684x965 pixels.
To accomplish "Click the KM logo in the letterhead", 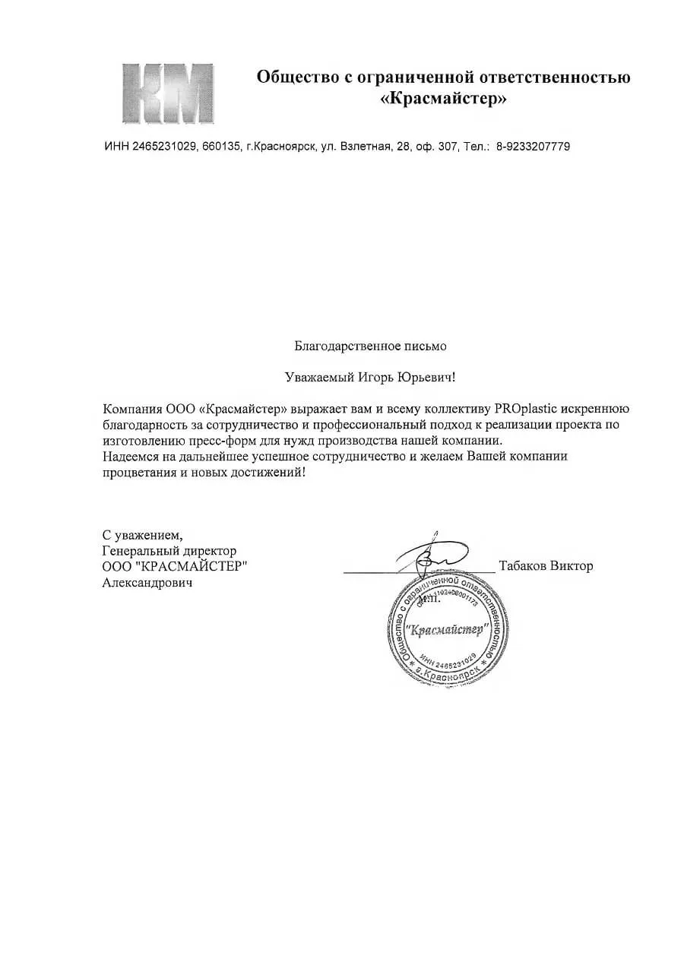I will coord(167,94).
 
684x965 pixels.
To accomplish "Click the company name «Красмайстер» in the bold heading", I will coord(443,100).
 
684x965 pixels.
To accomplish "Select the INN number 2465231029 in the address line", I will coord(165,147).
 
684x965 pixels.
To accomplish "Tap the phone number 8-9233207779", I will coord(533,147).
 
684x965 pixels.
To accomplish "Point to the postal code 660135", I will coord(221,147).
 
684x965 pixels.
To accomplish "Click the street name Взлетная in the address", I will coord(365,147).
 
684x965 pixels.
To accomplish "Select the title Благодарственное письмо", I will coord(371,346).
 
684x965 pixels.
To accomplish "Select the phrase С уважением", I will coord(142,534).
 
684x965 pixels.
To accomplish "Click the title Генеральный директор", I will coord(169,550).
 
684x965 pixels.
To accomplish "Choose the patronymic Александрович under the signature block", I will coord(147,583).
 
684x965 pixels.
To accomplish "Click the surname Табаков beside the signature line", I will coord(524,566).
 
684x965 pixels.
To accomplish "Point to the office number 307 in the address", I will coord(447,147).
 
